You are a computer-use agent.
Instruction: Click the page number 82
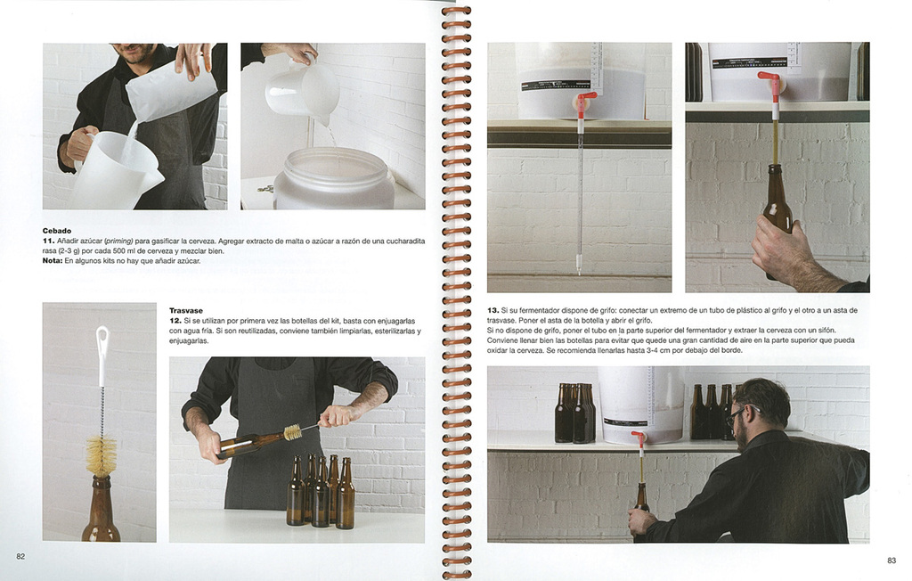pyautogui.click(x=20, y=557)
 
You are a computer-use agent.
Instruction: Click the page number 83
pyautogui.click(x=891, y=561)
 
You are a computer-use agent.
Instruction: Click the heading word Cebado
pyautogui.click(x=57, y=231)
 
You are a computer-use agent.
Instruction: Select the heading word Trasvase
pyautogui.click(x=185, y=311)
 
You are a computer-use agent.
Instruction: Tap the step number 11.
pyautogui.click(x=48, y=241)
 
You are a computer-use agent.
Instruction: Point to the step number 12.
pyautogui.click(x=175, y=321)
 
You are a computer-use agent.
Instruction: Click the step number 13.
pyautogui.click(x=493, y=311)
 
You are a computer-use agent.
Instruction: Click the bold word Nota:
pyautogui.click(x=53, y=261)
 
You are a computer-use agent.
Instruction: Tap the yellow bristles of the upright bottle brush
pyautogui.click(x=102, y=455)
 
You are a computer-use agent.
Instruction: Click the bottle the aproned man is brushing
pyautogui.click(x=251, y=444)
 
